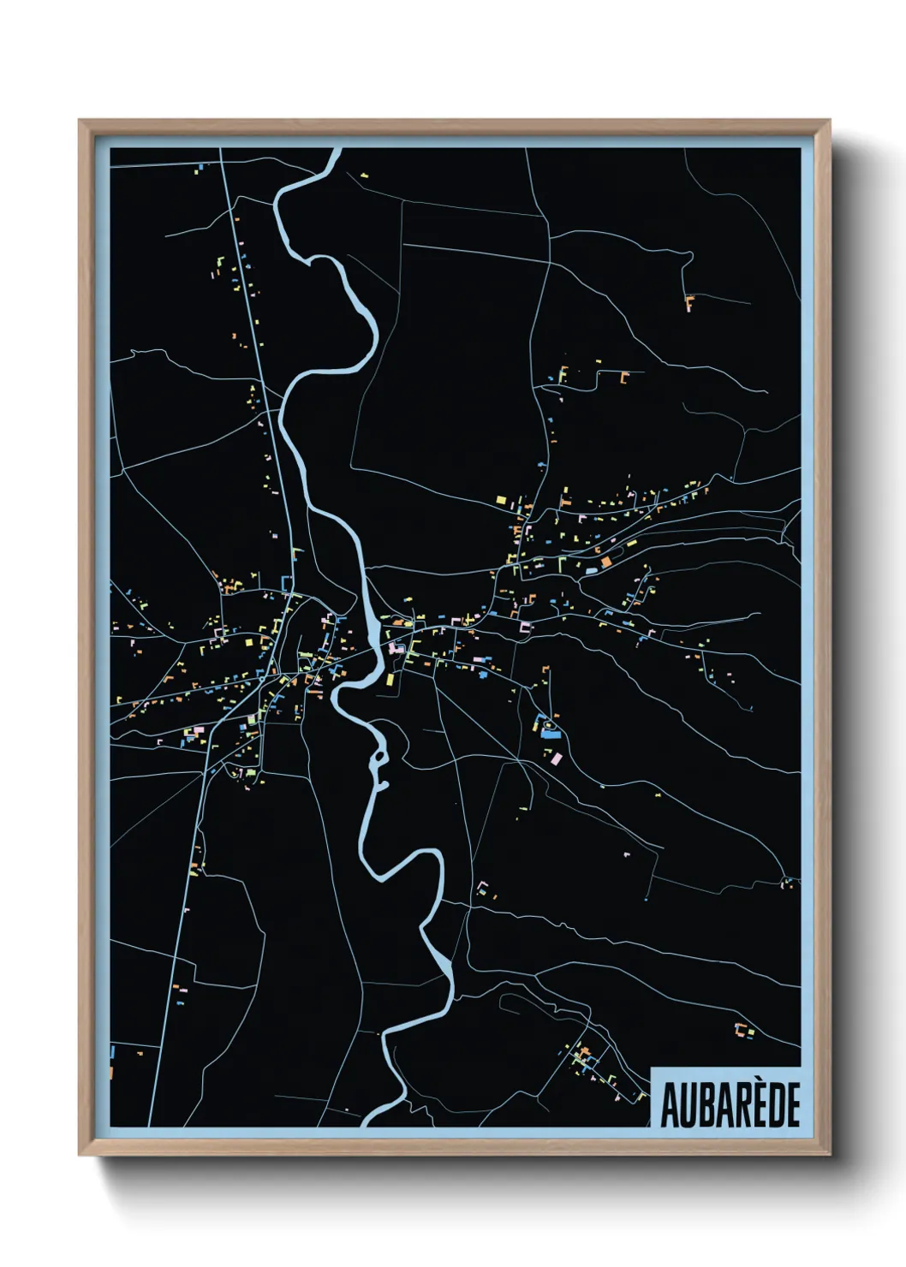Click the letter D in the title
tap(772, 1105)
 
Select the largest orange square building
tap(606, 562)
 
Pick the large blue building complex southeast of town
tap(545, 726)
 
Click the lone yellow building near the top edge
tap(364, 175)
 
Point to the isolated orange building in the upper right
tap(689, 300)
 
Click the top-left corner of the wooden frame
tap(80, 122)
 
